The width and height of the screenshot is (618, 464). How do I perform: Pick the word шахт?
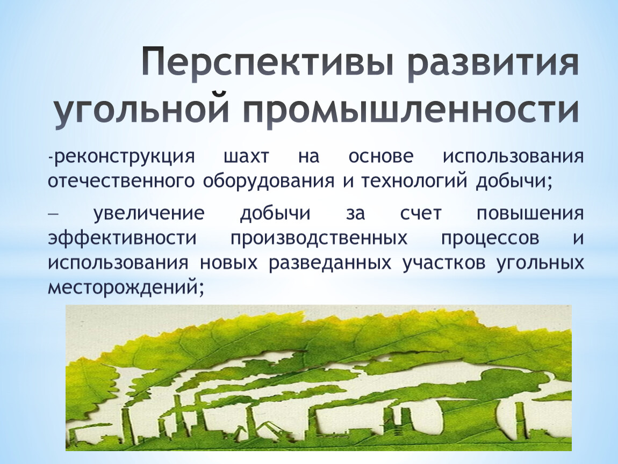[x=246, y=157]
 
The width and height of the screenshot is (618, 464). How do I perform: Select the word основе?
[x=381, y=157]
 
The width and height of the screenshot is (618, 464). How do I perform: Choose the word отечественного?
[x=121, y=181]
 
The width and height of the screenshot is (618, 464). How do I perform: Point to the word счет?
[x=421, y=214]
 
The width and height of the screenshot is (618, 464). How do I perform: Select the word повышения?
[x=530, y=214]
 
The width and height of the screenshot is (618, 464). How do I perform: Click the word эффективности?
[x=122, y=238]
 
